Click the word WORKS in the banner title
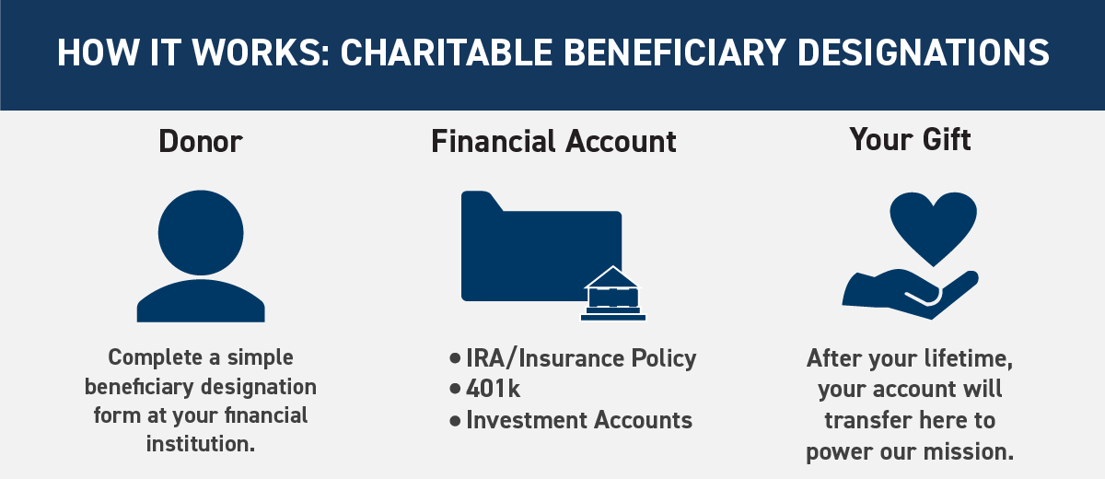pyautogui.click(x=257, y=53)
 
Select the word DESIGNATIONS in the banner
pyautogui.click(x=923, y=53)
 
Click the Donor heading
pyautogui.click(x=201, y=142)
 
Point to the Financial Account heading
pyautogui.click(x=553, y=142)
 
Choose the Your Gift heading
pyautogui.click(x=910, y=139)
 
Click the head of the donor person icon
pyautogui.click(x=201, y=232)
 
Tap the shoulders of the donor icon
pyautogui.click(x=201, y=301)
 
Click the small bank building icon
pyautogui.click(x=613, y=294)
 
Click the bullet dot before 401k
pyautogui.click(x=455, y=389)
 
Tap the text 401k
pyautogui.click(x=493, y=389)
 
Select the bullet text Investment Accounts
pyautogui.click(x=579, y=420)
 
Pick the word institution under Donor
pyautogui.click(x=201, y=443)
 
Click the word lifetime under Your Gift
pyautogui.click(x=969, y=358)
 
